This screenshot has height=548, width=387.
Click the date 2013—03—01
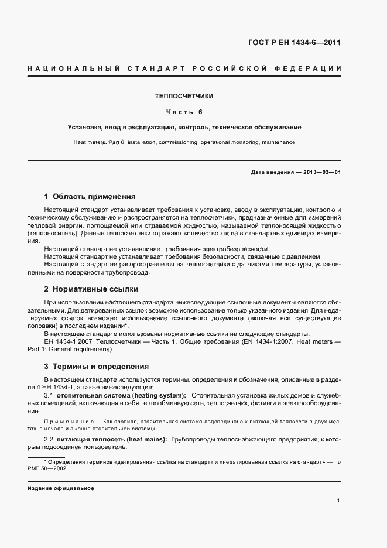click(x=321, y=172)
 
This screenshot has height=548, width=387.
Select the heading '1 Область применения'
click(x=90, y=197)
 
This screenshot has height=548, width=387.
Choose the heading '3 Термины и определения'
click(x=97, y=367)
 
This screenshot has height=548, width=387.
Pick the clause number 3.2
click(x=49, y=439)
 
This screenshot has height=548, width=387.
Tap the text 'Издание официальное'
click(x=61, y=488)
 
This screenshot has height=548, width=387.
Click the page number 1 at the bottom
click(x=339, y=501)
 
